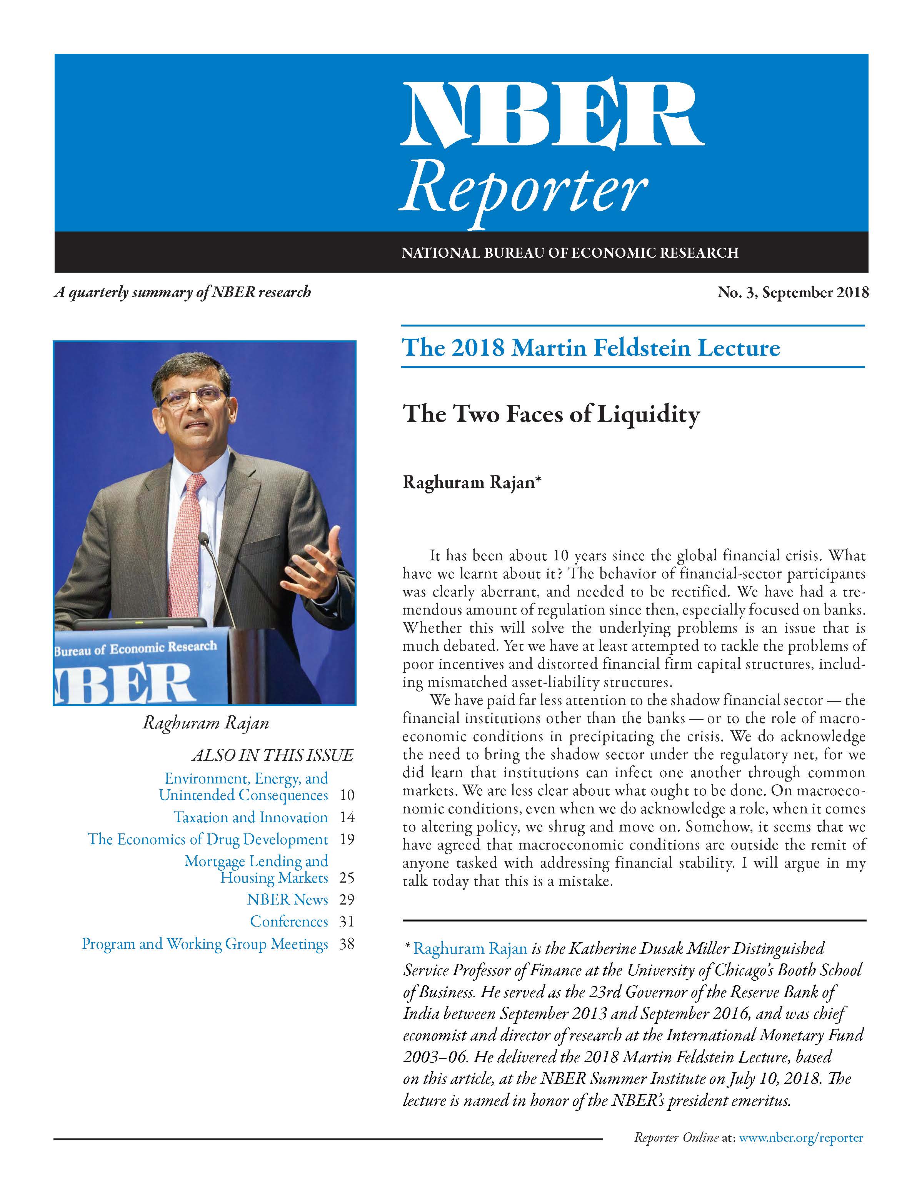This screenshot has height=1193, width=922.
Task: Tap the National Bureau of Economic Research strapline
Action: tap(570, 253)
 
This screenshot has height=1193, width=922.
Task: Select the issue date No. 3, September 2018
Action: tap(792, 293)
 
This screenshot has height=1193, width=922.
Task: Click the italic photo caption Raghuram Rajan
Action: tap(205, 723)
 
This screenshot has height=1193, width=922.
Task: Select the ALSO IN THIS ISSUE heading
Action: tap(272, 755)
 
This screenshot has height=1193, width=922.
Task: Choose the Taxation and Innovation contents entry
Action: tap(251, 817)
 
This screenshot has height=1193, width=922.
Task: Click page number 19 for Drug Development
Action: tap(347, 839)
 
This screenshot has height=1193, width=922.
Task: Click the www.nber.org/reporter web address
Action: tap(801, 1138)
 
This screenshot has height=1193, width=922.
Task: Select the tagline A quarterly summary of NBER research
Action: tap(182, 292)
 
